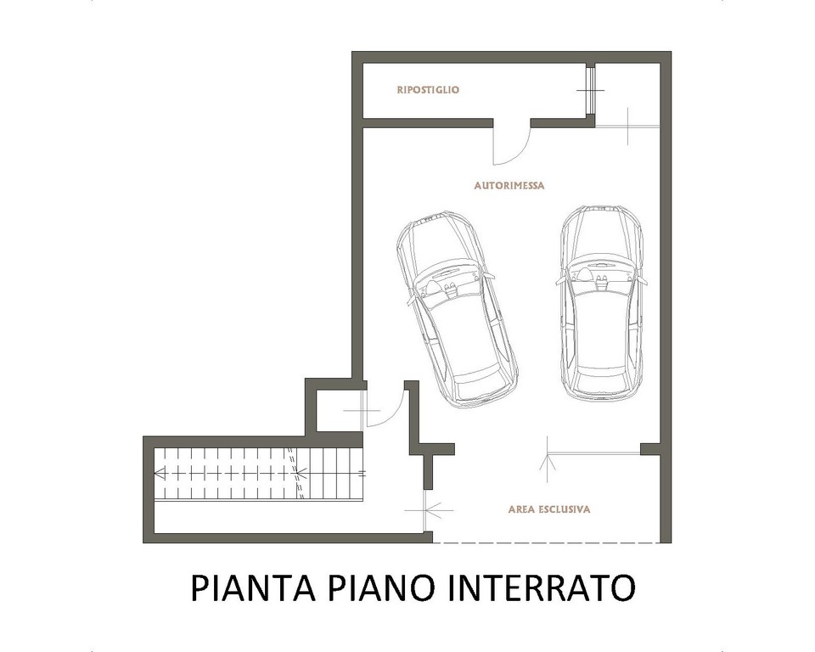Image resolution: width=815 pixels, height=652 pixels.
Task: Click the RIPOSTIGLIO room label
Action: click(x=428, y=90)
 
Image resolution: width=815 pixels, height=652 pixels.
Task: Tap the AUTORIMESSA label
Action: click(x=509, y=186)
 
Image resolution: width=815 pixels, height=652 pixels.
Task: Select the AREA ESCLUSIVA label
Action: click(x=549, y=509)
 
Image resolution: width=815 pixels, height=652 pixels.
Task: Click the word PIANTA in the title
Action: click(x=253, y=587)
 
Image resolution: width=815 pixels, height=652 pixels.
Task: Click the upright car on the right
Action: click(x=603, y=303)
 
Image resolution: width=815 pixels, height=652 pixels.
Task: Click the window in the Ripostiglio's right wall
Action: click(x=591, y=91)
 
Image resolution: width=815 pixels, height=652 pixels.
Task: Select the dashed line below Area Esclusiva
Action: click(x=546, y=542)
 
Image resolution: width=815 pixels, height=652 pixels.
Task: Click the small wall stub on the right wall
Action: click(x=650, y=449)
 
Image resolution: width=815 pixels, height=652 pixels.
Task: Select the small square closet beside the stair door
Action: click(x=340, y=411)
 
